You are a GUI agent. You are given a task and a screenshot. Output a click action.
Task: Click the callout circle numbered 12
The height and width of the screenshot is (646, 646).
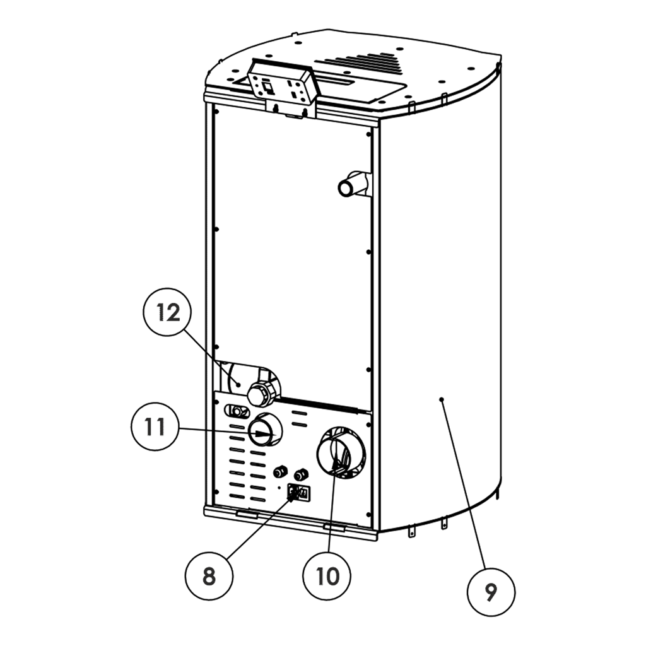point(168,313)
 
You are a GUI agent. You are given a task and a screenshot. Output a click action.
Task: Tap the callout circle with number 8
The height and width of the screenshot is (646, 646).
point(209,575)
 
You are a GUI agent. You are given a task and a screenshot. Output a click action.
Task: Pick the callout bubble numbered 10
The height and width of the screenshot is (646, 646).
point(329,575)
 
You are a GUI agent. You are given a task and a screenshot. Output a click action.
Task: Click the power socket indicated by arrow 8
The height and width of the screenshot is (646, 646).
point(298,492)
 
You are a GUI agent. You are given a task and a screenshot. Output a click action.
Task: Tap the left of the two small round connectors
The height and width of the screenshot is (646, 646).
point(279,471)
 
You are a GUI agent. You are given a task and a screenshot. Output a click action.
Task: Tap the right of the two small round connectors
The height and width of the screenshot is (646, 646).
point(303,473)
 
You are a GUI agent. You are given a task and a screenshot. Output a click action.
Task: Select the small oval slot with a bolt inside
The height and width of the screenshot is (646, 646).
point(237,411)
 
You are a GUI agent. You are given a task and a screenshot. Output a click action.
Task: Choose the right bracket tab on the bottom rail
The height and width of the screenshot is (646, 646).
point(334,526)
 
